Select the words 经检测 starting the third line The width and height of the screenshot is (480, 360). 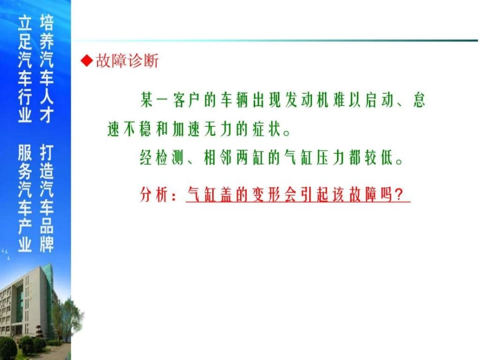[x=159, y=159]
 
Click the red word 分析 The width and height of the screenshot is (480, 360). [x=153, y=194]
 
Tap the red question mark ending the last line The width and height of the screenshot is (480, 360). [x=402, y=194]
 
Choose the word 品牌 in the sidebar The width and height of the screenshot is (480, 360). [x=46, y=237]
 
